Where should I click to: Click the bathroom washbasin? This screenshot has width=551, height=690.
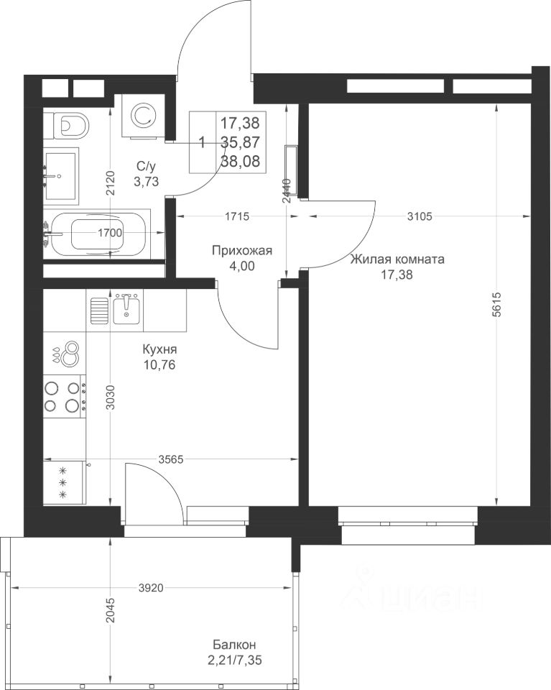(x=61, y=176)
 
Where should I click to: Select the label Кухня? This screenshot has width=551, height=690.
(x=159, y=349)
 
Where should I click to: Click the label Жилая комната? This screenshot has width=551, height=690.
(x=397, y=259)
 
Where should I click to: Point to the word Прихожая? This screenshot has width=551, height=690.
(x=242, y=251)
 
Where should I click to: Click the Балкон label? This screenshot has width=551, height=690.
(x=234, y=645)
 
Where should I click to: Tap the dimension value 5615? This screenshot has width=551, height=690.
(x=496, y=305)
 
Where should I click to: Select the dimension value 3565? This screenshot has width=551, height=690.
(x=171, y=459)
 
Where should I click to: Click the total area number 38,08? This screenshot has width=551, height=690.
(x=240, y=161)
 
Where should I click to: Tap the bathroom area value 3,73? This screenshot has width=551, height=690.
(x=147, y=181)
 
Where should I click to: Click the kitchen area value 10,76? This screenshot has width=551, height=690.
(x=159, y=364)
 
